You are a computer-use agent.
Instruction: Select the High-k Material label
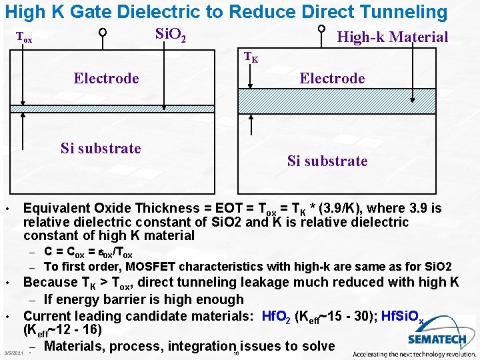[392, 37]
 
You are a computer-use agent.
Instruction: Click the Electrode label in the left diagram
[106, 79]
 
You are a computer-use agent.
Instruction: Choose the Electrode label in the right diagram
[332, 79]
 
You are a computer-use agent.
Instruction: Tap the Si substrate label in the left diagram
[101, 148]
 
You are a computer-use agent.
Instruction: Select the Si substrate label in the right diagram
[327, 161]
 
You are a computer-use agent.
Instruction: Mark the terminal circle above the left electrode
[103, 32]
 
